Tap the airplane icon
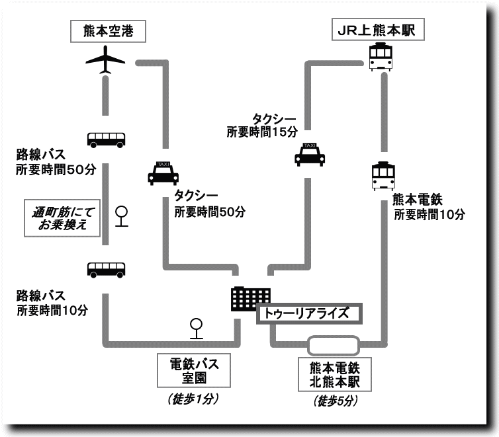106,60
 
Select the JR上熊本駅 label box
377,30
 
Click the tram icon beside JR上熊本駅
383,56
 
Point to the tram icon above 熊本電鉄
384,176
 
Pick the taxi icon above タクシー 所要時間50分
163,173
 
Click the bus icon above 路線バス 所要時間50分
106,139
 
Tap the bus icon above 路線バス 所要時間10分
106,269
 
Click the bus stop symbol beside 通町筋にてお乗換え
122,216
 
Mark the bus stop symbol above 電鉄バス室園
197,327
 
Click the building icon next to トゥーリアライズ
250,299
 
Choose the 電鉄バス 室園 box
195,370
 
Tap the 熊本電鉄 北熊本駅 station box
334,374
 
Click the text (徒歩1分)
194,399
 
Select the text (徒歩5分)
334,401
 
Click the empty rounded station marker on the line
334,344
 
